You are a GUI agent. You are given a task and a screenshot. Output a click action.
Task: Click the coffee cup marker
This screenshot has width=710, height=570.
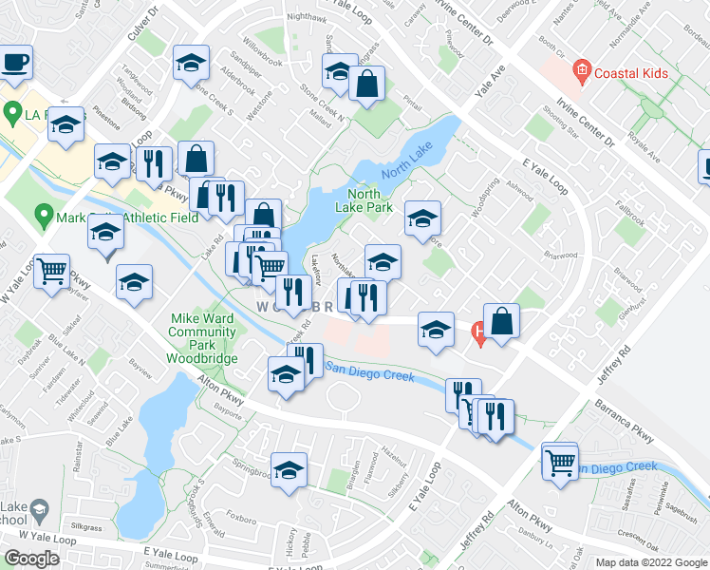click(x=15, y=63)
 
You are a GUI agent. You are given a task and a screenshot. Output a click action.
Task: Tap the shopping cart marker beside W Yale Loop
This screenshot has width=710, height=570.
click(x=52, y=272)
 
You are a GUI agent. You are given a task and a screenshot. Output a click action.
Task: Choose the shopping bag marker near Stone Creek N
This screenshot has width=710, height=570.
click(x=365, y=84)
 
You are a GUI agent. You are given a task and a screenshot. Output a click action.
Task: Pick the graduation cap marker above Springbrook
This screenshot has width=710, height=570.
click(x=289, y=470)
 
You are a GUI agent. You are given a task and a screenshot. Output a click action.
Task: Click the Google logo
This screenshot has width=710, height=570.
click(x=31, y=559)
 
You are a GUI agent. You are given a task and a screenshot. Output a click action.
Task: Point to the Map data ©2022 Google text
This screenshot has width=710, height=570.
click(x=650, y=562)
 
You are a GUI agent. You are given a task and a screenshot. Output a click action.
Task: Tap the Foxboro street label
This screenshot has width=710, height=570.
click(x=242, y=520)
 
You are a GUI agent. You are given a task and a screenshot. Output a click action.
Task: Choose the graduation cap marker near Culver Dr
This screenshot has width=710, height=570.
click(x=191, y=65)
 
